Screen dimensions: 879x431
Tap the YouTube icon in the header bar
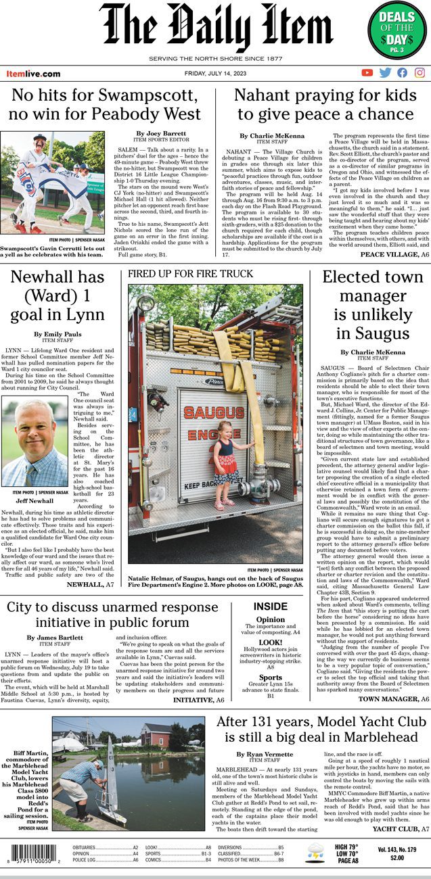367,73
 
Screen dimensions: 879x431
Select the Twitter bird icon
385,73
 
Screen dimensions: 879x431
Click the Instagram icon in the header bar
420,73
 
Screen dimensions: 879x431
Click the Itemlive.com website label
33,74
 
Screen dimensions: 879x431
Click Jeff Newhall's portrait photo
34,442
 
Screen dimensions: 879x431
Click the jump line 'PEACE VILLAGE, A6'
394,254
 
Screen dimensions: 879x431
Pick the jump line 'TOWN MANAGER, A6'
393,698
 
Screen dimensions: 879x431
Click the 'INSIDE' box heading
270,607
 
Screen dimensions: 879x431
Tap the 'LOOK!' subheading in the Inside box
270,642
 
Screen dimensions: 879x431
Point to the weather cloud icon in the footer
315,852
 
